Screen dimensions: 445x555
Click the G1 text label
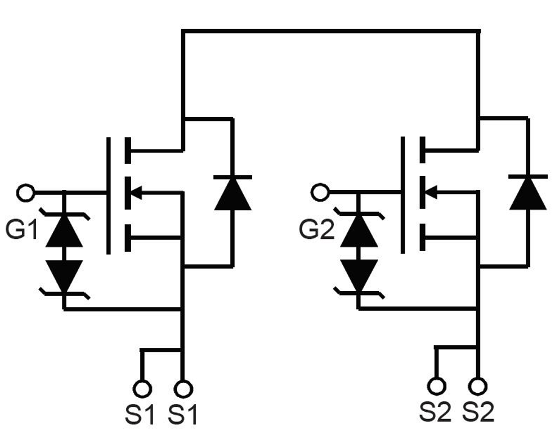tap(21, 230)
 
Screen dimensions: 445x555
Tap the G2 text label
tap(317, 230)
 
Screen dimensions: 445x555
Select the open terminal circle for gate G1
tap(25, 193)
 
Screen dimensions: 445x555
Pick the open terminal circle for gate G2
tap(320, 193)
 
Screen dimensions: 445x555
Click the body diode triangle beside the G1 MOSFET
tap(232, 194)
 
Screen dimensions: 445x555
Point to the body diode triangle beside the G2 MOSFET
tap(527, 193)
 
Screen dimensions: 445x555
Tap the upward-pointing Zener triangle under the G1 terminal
tap(64, 231)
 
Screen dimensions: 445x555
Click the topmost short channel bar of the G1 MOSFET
tap(128, 151)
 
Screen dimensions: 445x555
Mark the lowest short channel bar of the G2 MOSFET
tap(423, 238)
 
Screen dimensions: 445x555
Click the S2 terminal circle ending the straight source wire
tap(478, 386)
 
